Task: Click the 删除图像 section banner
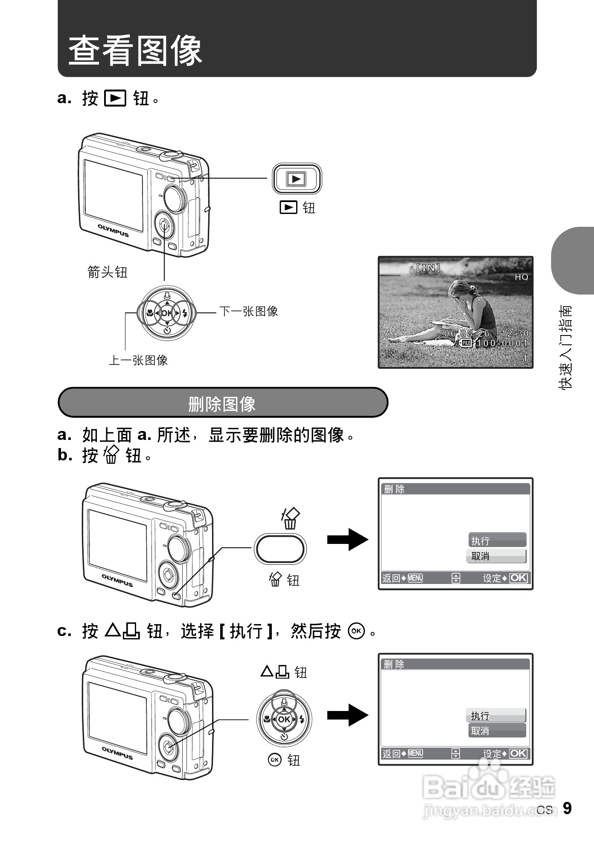[x=222, y=403]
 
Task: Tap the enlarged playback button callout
[x=297, y=179]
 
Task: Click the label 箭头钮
[x=107, y=272]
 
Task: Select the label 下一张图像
[x=248, y=311]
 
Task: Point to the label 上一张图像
[x=138, y=361]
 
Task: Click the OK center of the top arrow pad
[x=167, y=313]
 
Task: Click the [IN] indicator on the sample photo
[x=428, y=268]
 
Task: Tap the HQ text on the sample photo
[x=521, y=277]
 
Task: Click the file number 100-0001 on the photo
[x=502, y=343]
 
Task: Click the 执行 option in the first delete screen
[x=497, y=541]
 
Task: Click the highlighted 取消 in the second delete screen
[x=497, y=731]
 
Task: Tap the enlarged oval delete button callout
[x=280, y=549]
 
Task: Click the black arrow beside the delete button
[x=347, y=540]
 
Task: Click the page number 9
[x=567, y=808]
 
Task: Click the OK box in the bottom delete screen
[x=518, y=753]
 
